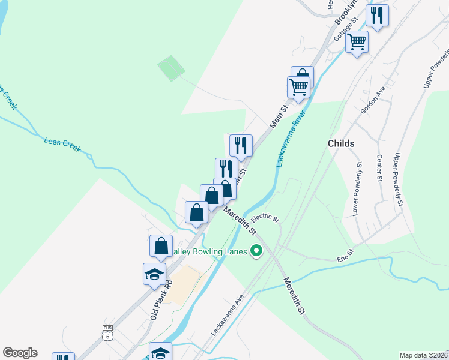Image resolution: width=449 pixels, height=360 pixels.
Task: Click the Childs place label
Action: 341,143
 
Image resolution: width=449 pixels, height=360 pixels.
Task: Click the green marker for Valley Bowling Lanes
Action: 257,251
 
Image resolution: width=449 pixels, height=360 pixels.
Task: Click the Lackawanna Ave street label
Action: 227,315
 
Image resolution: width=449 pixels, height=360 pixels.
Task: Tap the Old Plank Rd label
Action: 161,299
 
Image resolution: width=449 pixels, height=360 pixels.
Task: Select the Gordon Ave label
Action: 372,100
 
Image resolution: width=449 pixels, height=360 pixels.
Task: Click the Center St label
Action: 379,168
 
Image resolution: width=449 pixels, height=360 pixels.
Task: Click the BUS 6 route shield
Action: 107,332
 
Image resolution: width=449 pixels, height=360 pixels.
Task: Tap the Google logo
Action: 20,353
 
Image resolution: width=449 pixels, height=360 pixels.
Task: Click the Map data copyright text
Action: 423,355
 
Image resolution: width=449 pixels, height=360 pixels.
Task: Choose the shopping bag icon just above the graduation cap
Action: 161,245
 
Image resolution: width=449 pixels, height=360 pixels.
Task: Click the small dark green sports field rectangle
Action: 172,68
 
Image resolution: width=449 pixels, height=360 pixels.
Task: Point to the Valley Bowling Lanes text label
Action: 210,251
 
